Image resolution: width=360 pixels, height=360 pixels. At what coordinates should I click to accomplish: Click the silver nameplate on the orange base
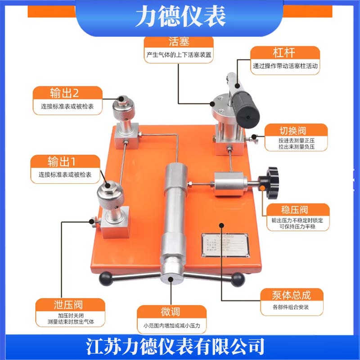[x=224, y=246]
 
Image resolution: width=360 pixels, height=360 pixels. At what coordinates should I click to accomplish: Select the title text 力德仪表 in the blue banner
[x=180, y=17]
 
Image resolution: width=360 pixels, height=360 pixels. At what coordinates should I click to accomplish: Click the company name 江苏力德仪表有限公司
[x=180, y=346]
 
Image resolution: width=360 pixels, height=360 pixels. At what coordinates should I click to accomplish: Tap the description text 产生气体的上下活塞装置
[x=179, y=56]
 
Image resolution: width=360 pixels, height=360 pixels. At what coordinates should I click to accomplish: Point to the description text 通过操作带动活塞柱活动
[x=286, y=67]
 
